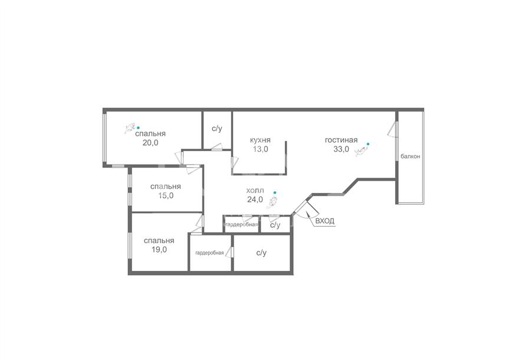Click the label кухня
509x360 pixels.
tap(260, 140)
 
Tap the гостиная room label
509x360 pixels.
tap(341, 140)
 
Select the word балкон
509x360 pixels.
tap(411, 156)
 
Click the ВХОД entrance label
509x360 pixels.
tap(324, 221)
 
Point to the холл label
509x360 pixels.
tap(255, 191)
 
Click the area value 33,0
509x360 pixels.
tap(341, 149)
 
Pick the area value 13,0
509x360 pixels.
tap(260, 149)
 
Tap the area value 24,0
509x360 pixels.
tap(255, 199)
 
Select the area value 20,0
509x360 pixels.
tap(150, 143)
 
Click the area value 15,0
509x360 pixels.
tap(166, 195)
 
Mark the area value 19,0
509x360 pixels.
tap(159, 250)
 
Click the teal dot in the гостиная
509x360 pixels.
tap(368, 143)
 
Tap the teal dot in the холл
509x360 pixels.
tap(275, 192)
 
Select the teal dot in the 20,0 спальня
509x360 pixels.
tap(138, 127)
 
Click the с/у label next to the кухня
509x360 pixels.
tap(217, 129)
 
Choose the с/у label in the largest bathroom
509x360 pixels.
tap(261, 253)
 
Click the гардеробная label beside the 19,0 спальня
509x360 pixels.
tap(209, 253)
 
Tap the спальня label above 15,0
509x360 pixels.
tap(166, 187)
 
